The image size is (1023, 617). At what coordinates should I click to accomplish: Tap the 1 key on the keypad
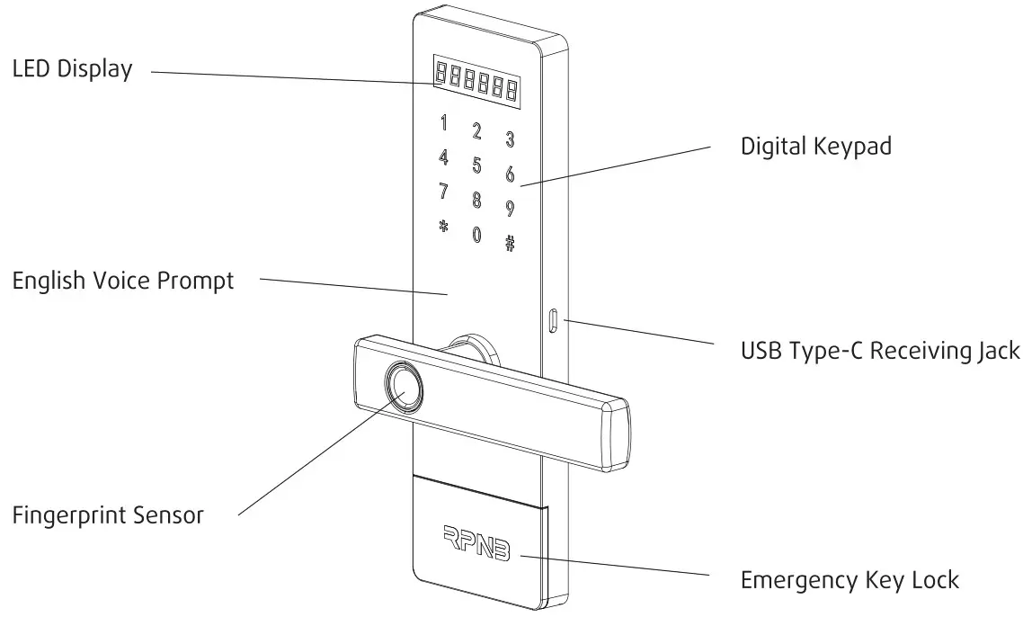442,123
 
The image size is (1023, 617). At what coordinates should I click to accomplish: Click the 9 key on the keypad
510,209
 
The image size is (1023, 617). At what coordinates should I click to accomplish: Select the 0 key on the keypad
476,235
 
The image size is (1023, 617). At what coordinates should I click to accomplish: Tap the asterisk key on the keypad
442,226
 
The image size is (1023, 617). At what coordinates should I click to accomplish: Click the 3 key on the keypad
510,139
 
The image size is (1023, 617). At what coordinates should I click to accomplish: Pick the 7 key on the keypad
442,192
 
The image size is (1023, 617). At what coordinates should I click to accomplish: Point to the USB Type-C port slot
553,320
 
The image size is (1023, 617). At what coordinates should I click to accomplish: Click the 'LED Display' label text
72,69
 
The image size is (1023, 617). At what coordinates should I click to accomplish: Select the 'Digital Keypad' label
815,146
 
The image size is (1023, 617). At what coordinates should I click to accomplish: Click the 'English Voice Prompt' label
122,281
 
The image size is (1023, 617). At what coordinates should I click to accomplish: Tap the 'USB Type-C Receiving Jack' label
879,350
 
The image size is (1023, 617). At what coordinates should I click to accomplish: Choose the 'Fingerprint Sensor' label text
108,515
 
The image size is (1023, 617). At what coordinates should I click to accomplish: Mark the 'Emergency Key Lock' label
850,580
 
